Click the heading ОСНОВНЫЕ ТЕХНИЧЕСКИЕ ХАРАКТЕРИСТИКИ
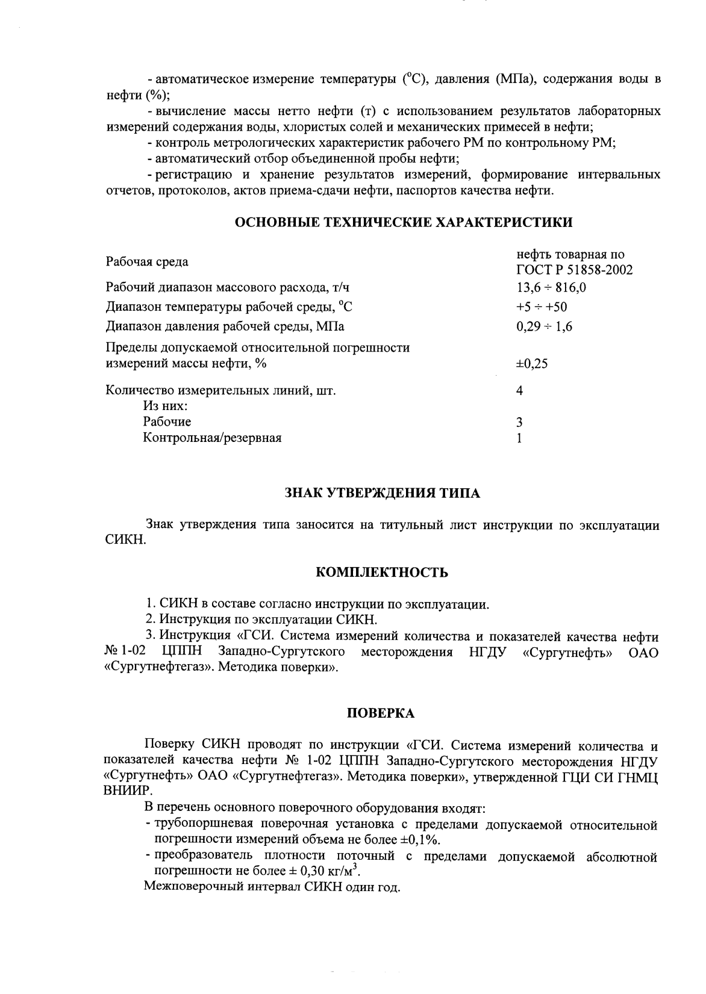coord(403,222)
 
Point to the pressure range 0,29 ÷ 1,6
coord(544,326)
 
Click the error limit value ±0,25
coord(531,364)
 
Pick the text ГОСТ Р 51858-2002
coord(574,270)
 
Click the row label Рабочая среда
coord(146,262)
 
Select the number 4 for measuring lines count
coord(519,391)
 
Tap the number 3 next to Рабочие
coord(519,422)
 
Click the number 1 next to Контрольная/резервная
coord(519,438)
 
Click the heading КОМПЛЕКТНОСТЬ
coord(382,572)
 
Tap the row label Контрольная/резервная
coord(212,438)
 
